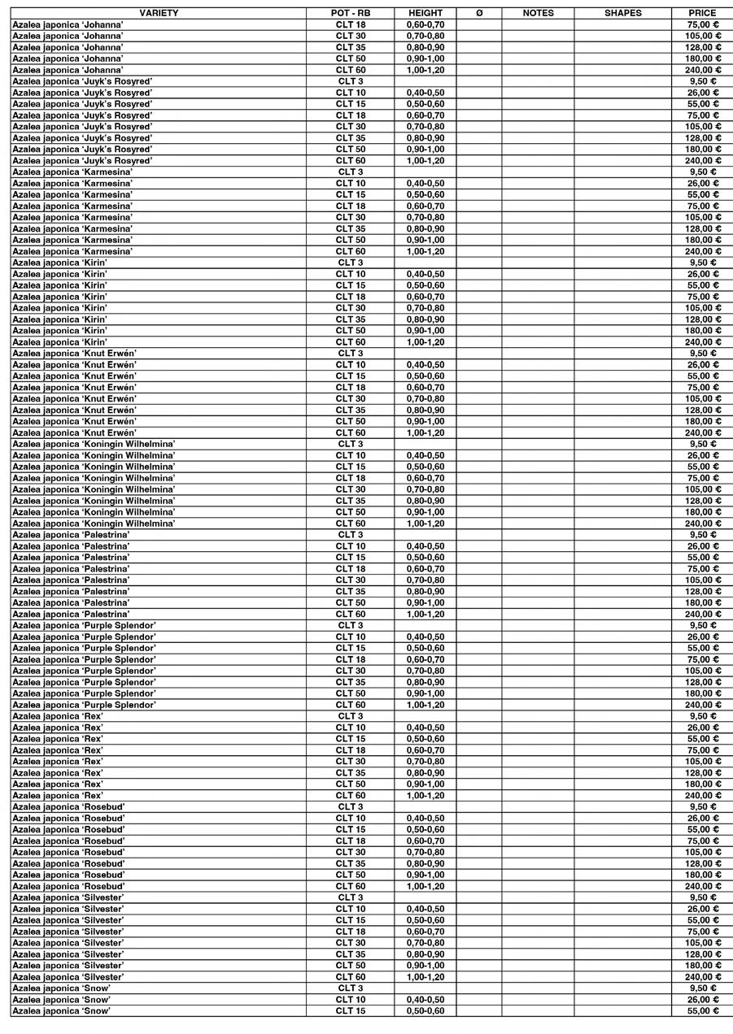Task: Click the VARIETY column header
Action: [x=159, y=13]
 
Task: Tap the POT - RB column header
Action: [x=351, y=13]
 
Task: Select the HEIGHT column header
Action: [x=425, y=13]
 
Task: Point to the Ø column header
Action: [x=478, y=13]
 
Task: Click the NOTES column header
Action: [x=538, y=13]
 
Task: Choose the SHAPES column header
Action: [x=622, y=13]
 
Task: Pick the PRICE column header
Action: [x=702, y=13]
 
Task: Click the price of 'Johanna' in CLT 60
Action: [x=702, y=70]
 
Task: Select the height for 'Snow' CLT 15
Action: [x=425, y=1010]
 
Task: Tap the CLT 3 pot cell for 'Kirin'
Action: [x=351, y=263]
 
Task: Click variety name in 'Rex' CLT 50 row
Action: [x=58, y=784]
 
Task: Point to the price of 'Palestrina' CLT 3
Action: [x=702, y=535]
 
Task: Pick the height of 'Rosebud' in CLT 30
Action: [x=425, y=852]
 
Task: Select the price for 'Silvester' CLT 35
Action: [x=702, y=954]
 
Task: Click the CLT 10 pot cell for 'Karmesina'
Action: [x=351, y=184]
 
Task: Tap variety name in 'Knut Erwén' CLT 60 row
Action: [x=74, y=432]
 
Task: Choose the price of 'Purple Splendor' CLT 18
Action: [x=702, y=659]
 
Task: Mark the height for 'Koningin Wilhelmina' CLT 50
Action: [x=425, y=512]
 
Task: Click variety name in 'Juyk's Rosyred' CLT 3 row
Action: [x=82, y=81]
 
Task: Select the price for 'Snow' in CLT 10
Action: [x=702, y=999]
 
